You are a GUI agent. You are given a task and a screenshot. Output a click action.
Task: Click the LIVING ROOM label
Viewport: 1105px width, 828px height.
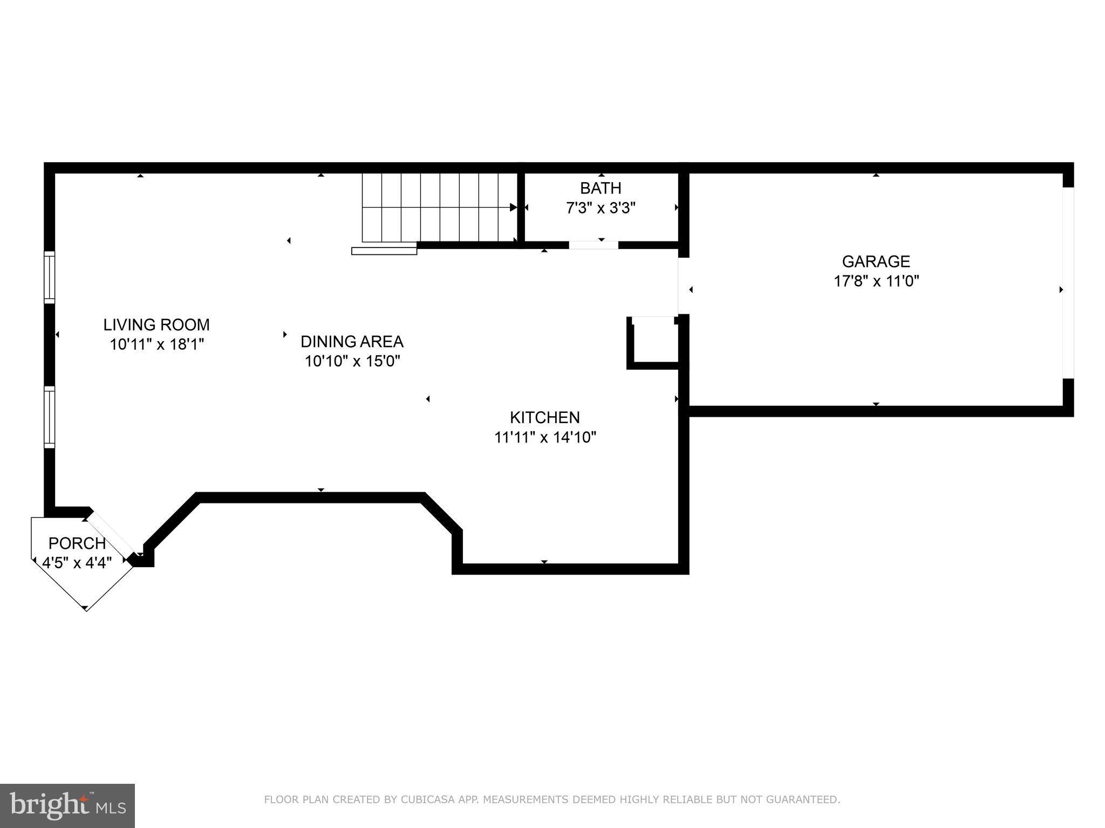coord(156,325)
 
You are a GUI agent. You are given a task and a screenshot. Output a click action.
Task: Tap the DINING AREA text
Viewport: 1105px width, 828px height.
coord(352,341)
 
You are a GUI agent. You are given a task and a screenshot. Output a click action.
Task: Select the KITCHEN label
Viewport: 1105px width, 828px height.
coord(544,417)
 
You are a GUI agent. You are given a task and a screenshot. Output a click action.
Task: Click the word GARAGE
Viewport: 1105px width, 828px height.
coord(876,261)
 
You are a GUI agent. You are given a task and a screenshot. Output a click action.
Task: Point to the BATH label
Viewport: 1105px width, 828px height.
coord(601,188)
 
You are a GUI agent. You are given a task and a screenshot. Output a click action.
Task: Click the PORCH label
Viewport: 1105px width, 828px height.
coord(77,543)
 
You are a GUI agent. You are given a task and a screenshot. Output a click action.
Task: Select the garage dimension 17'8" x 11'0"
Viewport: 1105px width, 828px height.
coord(876,281)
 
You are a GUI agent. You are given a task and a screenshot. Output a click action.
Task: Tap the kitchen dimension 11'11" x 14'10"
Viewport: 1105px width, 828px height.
coord(545,437)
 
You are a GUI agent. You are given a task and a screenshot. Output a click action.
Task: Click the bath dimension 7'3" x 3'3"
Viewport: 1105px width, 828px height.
coord(601,208)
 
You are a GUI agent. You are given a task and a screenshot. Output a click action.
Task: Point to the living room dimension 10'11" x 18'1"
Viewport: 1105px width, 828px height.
coord(156,344)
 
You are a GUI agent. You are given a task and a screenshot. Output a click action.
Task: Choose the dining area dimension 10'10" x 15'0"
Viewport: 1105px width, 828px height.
coord(352,361)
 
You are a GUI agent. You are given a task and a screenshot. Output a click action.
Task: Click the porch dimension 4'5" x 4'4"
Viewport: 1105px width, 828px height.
coord(77,563)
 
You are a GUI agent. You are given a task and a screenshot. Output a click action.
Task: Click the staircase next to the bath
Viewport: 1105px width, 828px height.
coord(438,207)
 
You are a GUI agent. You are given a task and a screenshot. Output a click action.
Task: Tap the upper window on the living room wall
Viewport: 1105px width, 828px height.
coord(49,277)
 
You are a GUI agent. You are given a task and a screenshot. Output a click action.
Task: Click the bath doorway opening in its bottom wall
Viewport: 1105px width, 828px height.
coord(594,245)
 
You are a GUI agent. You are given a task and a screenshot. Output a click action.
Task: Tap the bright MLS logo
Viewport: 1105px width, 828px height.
coord(67,805)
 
